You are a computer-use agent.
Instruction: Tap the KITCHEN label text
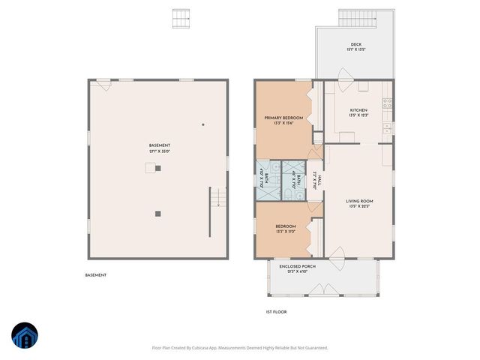tap(358, 110)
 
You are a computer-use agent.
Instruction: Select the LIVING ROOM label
tap(359, 201)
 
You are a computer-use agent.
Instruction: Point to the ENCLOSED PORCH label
tap(297, 266)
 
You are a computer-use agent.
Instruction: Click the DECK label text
tap(355, 44)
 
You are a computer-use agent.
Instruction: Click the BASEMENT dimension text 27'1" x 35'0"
tap(159, 151)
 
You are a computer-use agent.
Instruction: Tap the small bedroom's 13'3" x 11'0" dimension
tap(285, 232)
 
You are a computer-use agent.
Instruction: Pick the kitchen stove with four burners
tap(387, 104)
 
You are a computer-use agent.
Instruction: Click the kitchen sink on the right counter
tap(387, 128)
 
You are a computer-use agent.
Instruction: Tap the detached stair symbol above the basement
tap(179, 16)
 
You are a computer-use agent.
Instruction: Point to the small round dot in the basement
tap(202, 124)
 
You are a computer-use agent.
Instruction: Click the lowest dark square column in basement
tap(158, 214)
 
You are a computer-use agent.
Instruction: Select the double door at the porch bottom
tap(324, 289)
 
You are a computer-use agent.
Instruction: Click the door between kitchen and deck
tap(343, 76)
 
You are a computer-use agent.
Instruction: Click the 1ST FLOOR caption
tap(277, 312)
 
